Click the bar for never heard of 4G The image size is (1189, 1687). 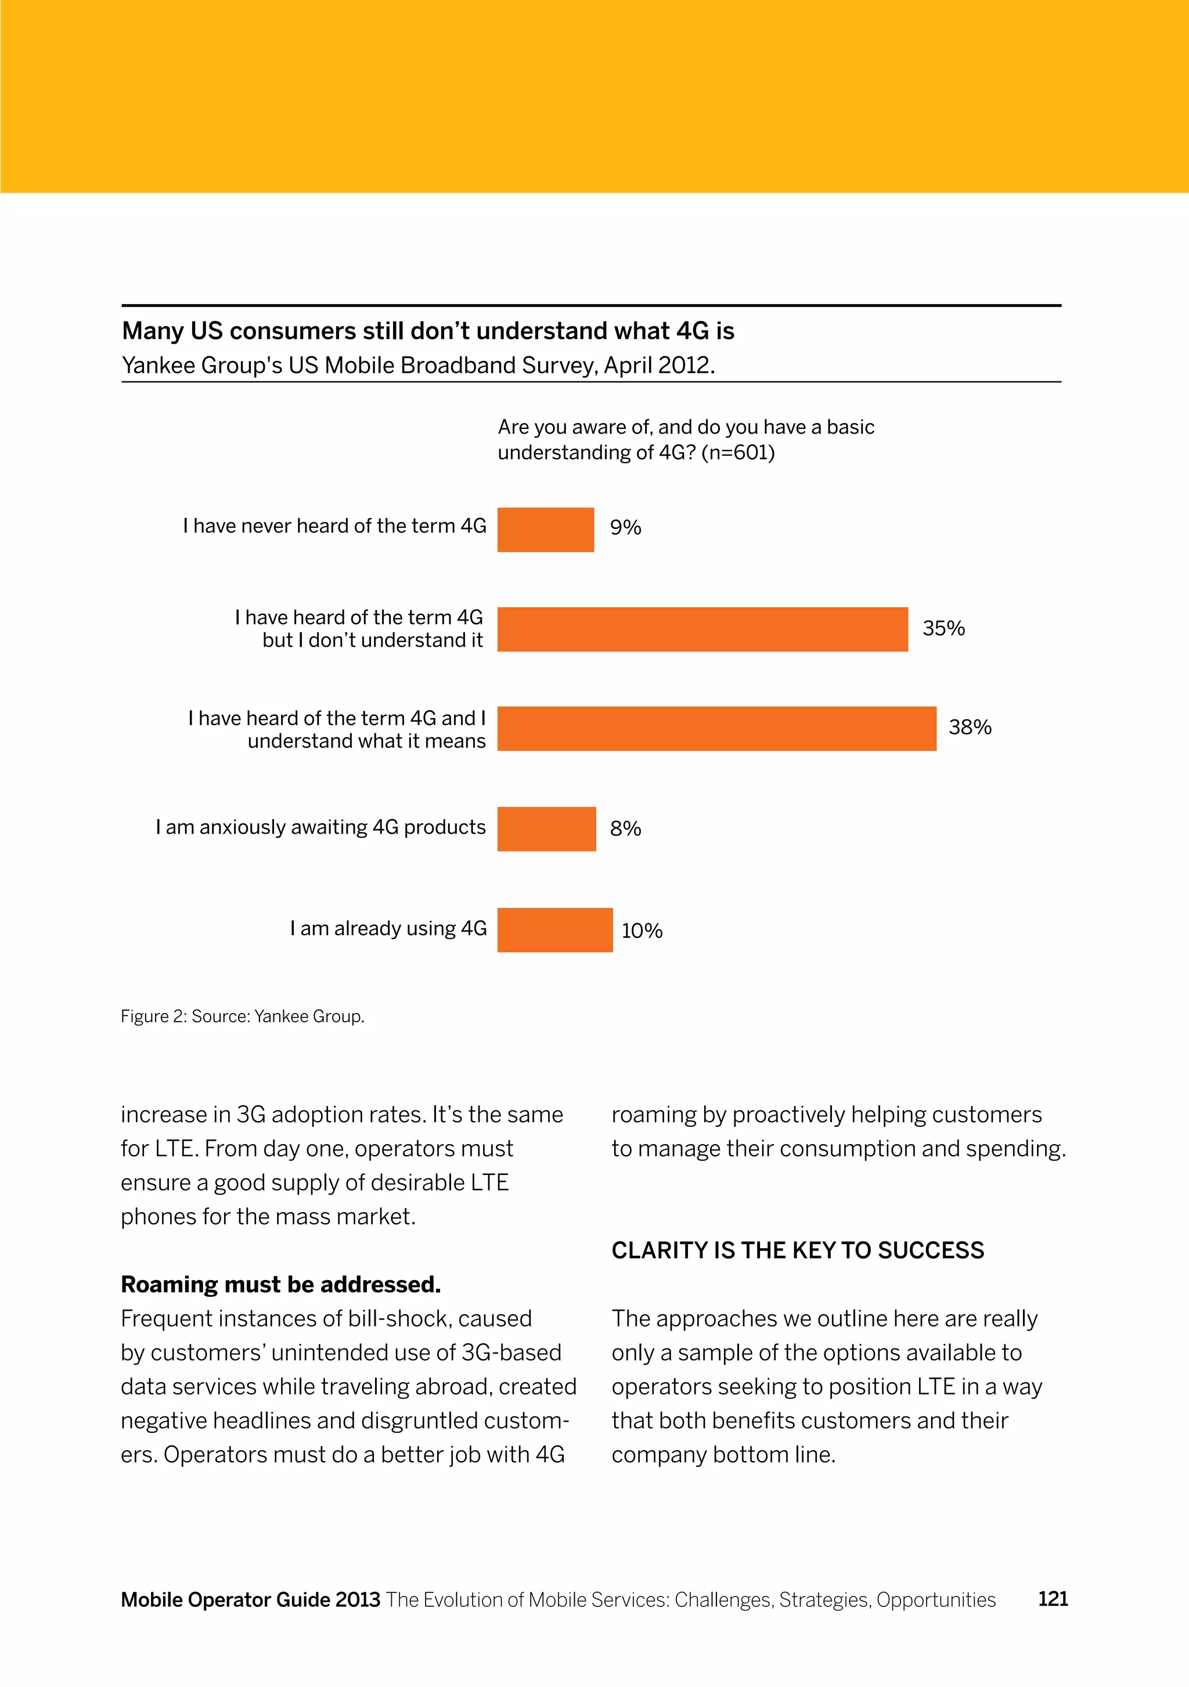(x=545, y=530)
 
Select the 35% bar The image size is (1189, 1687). (x=702, y=630)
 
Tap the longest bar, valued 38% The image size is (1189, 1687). (x=716, y=729)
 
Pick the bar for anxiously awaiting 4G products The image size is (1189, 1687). (x=547, y=829)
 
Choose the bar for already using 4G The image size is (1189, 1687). (x=555, y=930)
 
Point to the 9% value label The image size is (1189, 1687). (x=625, y=528)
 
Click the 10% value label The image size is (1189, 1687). (x=642, y=931)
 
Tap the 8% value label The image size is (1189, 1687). (x=625, y=829)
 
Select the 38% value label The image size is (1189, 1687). (x=970, y=727)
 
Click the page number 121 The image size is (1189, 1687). (x=1053, y=1599)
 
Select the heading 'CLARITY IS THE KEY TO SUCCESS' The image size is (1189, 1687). (x=797, y=1250)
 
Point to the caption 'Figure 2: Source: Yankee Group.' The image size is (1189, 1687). (x=243, y=1016)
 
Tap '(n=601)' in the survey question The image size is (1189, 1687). (x=738, y=453)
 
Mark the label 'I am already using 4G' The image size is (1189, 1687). (x=388, y=929)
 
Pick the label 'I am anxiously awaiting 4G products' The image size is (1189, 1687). (x=320, y=827)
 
